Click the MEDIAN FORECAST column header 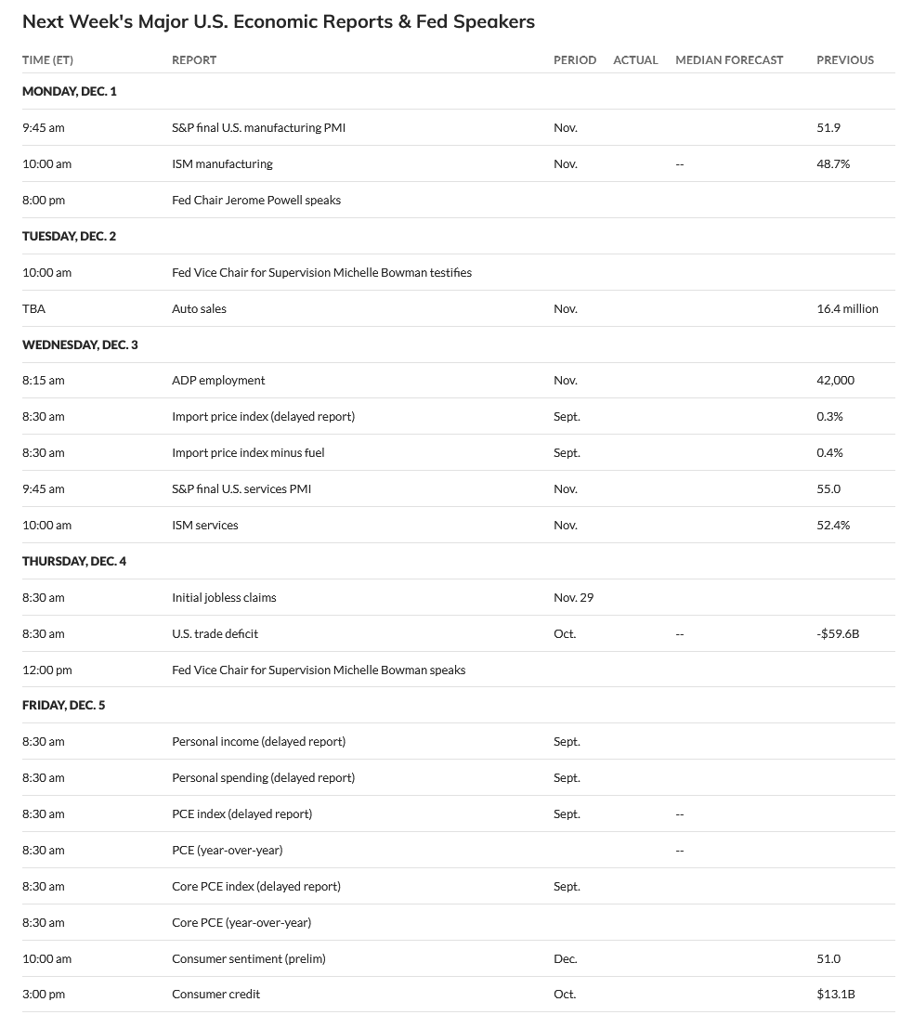(x=729, y=59)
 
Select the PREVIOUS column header (x=844, y=59)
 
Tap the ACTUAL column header (x=635, y=59)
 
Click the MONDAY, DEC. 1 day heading (x=70, y=91)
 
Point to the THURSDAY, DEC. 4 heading (x=74, y=561)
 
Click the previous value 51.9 (x=828, y=127)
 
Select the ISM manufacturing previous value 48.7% (x=833, y=163)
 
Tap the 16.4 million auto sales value (x=847, y=308)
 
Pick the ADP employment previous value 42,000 (x=835, y=380)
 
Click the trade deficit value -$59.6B (x=838, y=633)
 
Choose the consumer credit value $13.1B (x=835, y=994)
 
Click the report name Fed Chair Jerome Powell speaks (x=256, y=200)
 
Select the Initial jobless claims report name (x=224, y=597)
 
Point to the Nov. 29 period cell (x=573, y=597)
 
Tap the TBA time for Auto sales (x=33, y=308)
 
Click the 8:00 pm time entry (x=44, y=200)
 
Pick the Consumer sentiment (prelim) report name (x=249, y=958)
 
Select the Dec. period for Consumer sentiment (x=565, y=958)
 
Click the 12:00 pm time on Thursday (x=46, y=670)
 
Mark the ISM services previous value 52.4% (x=833, y=525)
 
